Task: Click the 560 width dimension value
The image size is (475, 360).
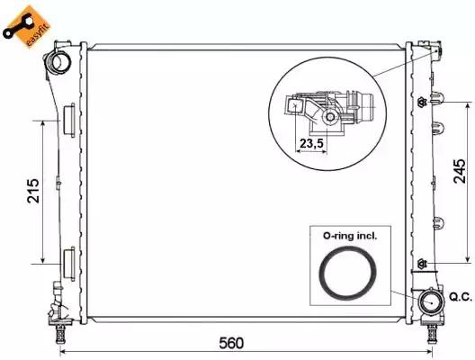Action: point(231,343)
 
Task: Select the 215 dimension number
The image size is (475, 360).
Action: point(33,191)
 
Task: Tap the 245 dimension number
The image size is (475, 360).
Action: point(459,171)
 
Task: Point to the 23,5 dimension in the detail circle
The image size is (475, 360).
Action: point(311,143)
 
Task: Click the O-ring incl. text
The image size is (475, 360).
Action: point(350,236)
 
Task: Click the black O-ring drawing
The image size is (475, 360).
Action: point(347,272)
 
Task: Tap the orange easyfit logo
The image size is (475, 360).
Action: point(26,26)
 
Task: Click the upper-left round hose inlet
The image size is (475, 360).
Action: point(59,61)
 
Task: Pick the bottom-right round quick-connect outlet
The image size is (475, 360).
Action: point(430,302)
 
